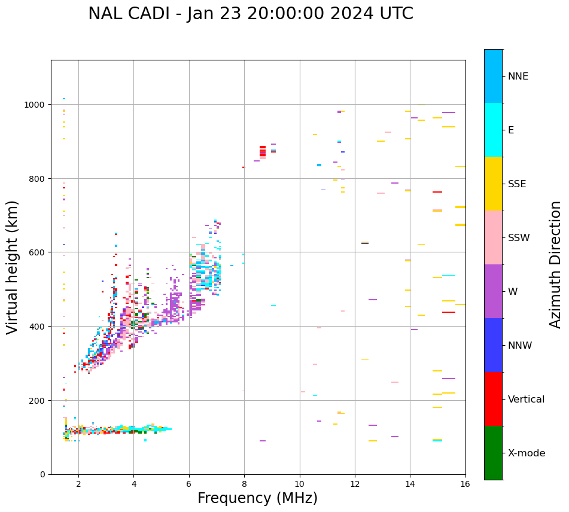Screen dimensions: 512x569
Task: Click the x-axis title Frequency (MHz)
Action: point(257,498)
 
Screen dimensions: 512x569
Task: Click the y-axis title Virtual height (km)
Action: point(13,267)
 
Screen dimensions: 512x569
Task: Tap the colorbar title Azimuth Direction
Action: point(556,264)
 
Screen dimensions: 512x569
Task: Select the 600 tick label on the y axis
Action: point(38,252)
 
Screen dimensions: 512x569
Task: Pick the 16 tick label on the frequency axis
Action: point(465,484)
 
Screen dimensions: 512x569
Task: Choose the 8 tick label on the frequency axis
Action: point(244,484)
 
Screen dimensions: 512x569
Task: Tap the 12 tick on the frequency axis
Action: point(355,484)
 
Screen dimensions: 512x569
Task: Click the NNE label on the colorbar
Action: point(518,76)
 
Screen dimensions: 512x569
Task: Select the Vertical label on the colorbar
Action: point(527,399)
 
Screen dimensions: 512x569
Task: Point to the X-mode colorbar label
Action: point(527,453)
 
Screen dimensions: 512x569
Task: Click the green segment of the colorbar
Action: point(493,453)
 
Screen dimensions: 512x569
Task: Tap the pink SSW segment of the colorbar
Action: point(493,237)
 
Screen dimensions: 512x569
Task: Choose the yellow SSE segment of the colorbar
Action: point(493,184)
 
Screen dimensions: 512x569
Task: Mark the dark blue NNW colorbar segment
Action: point(493,345)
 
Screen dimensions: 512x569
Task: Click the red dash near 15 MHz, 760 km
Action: point(437,192)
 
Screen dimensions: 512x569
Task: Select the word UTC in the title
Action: point(392,14)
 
